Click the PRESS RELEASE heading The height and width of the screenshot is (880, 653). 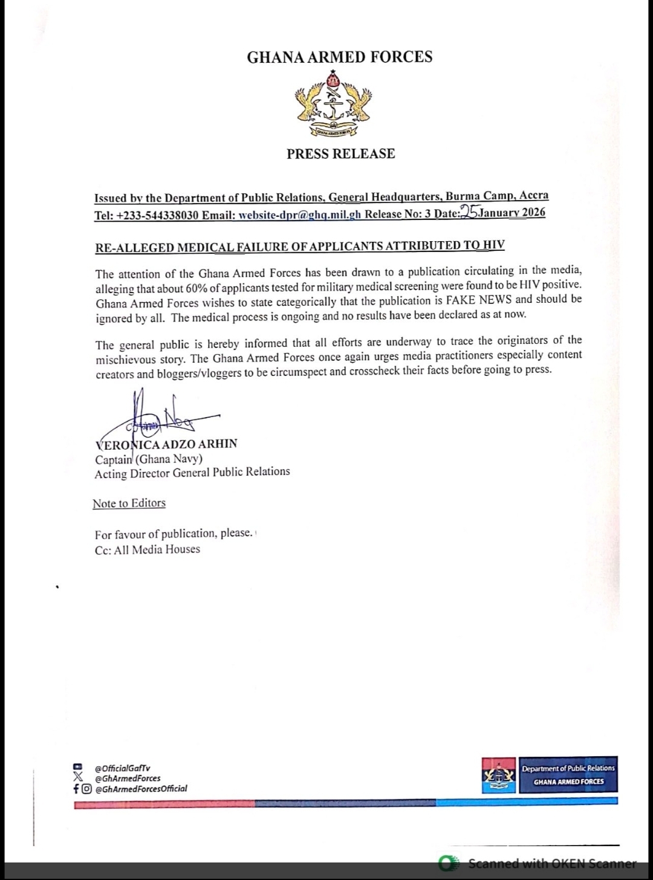click(x=340, y=154)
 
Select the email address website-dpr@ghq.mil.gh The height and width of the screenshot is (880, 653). click(x=300, y=213)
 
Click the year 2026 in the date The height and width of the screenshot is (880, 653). click(x=533, y=212)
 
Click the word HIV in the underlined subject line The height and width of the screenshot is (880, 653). click(x=493, y=245)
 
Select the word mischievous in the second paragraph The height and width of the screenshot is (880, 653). click(x=125, y=358)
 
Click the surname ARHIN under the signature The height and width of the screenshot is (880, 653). click(x=218, y=444)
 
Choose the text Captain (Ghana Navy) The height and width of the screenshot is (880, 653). click(x=148, y=458)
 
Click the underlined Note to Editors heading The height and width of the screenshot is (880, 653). click(x=129, y=503)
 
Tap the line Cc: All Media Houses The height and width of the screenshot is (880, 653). click(x=147, y=549)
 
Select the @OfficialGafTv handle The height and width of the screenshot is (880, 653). click(x=122, y=768)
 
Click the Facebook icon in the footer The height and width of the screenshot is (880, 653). click(x=76, y=789)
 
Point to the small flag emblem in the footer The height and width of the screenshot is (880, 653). click(x=499, y=775)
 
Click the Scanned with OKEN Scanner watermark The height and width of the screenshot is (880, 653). click(x=551, y=863)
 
